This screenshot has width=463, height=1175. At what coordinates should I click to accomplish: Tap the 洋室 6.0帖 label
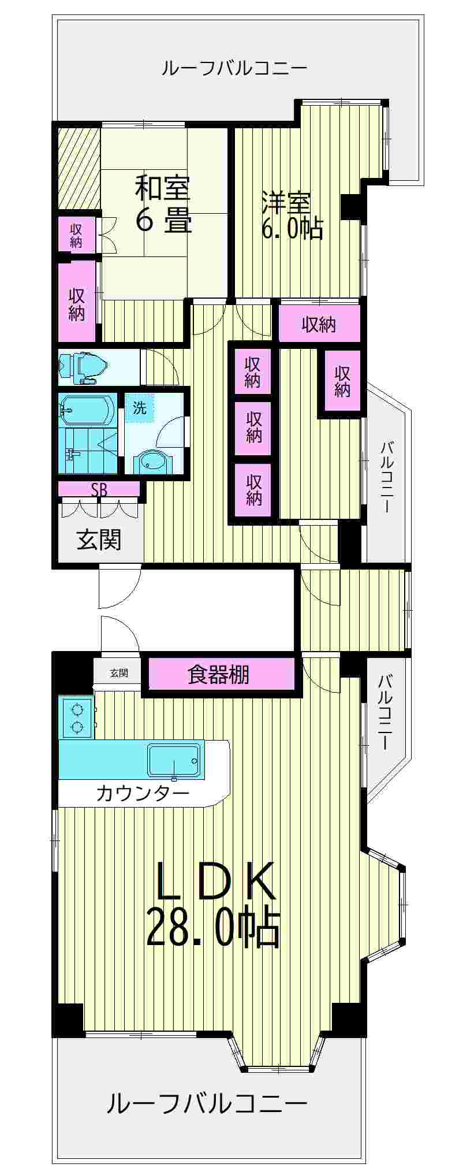click(292, 216)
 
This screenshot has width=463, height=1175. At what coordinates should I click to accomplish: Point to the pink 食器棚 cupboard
click(219, 674)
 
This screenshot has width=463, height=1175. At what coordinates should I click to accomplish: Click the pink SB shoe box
click(99, 490)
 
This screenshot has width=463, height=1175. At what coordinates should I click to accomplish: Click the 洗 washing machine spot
click(140, 408)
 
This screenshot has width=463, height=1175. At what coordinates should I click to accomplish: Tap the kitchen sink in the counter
click(173, 760)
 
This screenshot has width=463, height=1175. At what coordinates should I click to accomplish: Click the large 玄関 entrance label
click(99, 540)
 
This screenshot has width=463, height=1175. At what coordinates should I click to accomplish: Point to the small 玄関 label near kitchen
click(119, 673)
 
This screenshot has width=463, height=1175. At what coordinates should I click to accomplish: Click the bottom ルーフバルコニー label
click(207, 1104)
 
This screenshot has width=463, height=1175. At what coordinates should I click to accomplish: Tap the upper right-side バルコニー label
click(387, 477)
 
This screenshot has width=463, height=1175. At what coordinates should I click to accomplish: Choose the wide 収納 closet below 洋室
click(319, 325)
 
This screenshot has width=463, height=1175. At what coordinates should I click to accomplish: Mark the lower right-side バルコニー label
click(385, 712)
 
